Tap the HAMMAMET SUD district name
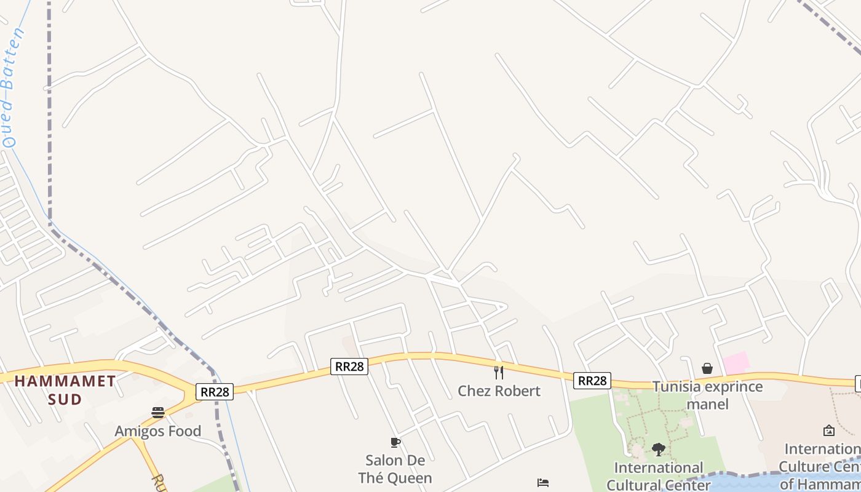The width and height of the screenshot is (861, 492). pos(65,390)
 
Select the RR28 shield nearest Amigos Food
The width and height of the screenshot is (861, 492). pos(215,392)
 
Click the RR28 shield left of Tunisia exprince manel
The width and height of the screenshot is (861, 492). pos(592,381)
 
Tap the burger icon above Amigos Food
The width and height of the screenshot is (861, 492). pos(158,413)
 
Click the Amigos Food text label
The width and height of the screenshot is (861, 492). pos(158,431)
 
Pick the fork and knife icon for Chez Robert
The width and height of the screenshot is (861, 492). pos(499,373)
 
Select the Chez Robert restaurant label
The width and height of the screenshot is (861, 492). pos(499,391)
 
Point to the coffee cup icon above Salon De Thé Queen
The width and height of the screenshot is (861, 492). pos(395,442)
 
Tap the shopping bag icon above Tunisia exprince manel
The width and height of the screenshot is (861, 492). pos(707,368)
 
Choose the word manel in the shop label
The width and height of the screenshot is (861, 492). pos(707,404)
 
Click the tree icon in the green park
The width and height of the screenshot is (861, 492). pos(658,450)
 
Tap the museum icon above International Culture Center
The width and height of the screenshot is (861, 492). pos(829,430)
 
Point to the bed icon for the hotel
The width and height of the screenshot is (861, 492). pos(543,483)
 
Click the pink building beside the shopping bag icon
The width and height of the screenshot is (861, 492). pos(736,363)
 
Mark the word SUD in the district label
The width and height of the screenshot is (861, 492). pos(65,400)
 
